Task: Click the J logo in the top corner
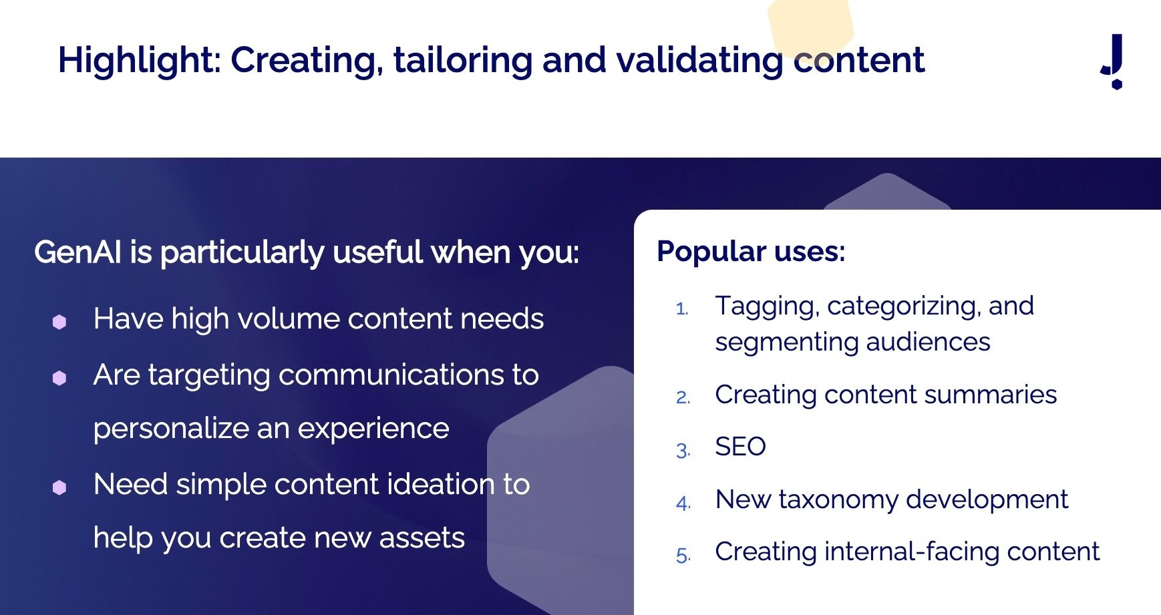pyautogui.click(x=1113, y=61)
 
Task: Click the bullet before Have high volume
pyautogui.click(x=59, y=322)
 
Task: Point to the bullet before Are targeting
pyautogui.click(x=59, y=378)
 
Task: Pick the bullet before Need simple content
pyautogui.click(x=59, y=487)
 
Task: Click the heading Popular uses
pyautogui.click(x=751, y=252)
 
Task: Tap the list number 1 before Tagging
pyautogui.click(x=681, y=309)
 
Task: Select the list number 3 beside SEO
pyautogui.click(x=683, y=451)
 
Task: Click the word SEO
pyautogui.click(x=740, y=447)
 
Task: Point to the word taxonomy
pyautogui.click(x=838, y=500)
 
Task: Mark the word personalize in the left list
pyautogui.click(x=171, y=429)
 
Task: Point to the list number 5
pyautogui.click(x=683, y=556)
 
